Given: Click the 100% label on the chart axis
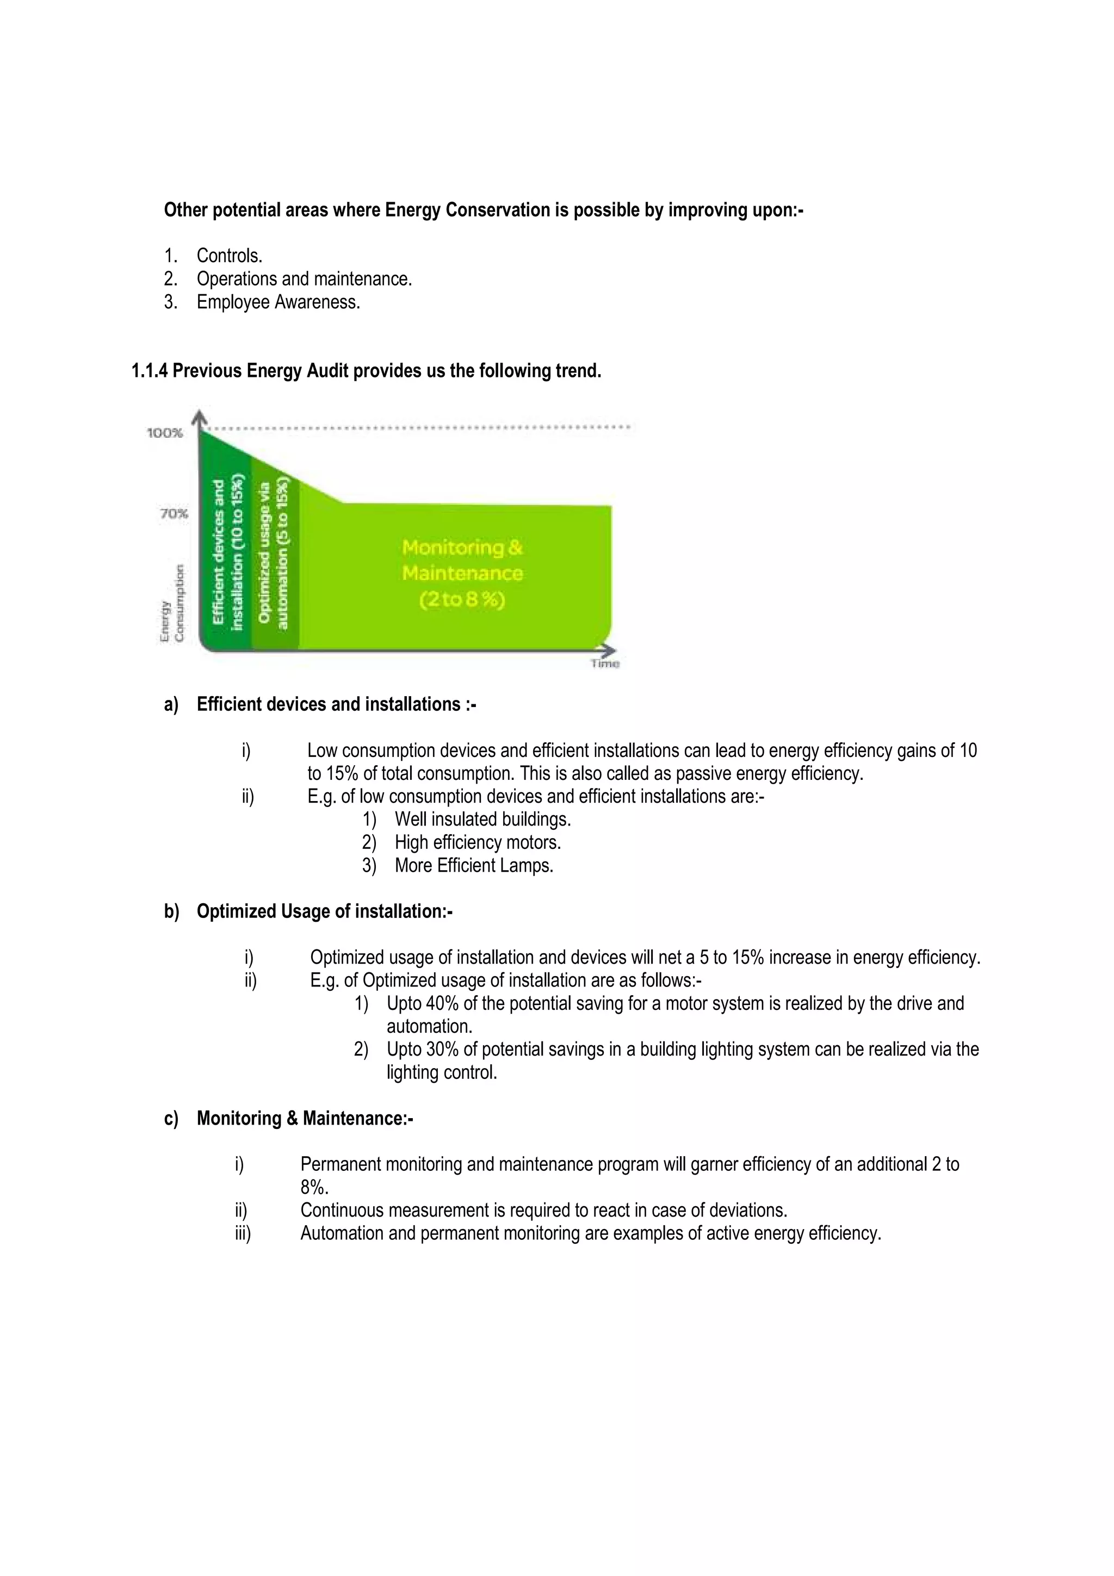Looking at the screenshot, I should click(165, 433).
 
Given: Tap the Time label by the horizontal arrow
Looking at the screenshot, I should click(605, 664).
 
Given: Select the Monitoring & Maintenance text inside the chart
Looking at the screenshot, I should click(462, 573).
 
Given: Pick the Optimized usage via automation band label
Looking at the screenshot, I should click(274, 553).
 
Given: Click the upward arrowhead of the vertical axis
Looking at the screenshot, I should click(199, 416).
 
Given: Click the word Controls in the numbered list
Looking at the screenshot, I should click(229, 256).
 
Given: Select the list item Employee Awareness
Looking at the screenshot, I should click(278, 302).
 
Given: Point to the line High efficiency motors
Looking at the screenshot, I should click(478, 842).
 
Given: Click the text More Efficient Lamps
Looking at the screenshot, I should click(474, 866).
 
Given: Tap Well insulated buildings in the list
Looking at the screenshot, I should click(482, 820).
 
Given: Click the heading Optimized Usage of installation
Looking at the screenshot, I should click(324, 911).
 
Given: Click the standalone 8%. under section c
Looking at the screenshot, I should click(314, 1188).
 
